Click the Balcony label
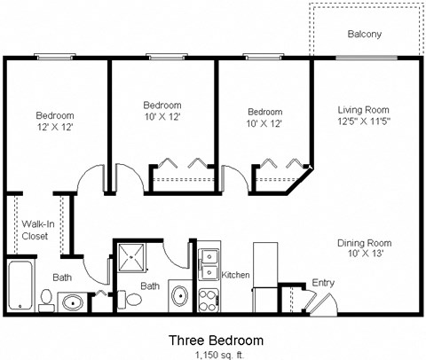tap(364, 35)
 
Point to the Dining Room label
tap(364, 243)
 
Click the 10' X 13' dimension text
tap(364, 254)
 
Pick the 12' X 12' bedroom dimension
tap(54, 127)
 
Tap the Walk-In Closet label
tap(35, 231)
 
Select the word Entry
tap(322, 283)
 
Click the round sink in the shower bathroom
tap(179, 297)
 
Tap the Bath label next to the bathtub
tap(62, 277)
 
